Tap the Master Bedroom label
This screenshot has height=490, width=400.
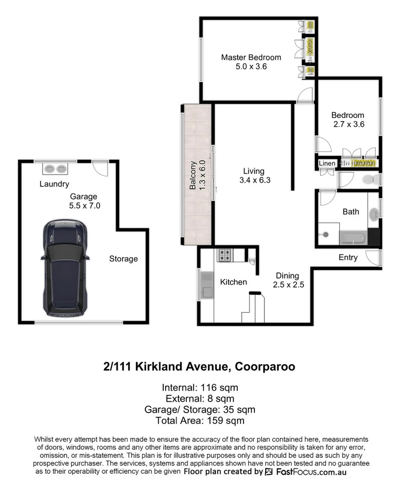pos(251,57)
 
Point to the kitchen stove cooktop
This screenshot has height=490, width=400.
pos(225,255)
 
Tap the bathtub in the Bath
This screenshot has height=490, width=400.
pos(353,238)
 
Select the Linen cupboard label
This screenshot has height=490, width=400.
pos(327,163)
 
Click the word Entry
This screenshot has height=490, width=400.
pos(348,258)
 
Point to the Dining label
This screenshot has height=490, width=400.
pos(287,275)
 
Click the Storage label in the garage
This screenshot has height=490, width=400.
pos(123,259)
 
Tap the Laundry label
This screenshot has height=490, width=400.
pos(54,184)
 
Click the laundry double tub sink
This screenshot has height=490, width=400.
pos(55,169)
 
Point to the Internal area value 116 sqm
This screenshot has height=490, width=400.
pos(217,388)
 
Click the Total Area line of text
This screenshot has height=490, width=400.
pos(199,420)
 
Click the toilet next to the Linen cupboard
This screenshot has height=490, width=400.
pos(369,179)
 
